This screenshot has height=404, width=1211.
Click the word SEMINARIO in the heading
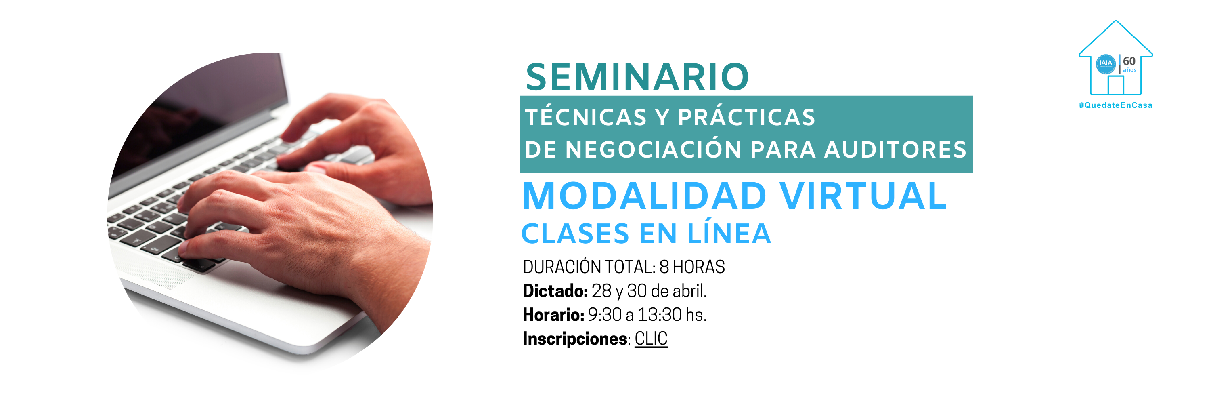pos(637,77)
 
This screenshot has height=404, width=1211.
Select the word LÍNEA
pos(729,232)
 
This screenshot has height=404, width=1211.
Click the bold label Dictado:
pos(555,291)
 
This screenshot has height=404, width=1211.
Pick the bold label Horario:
pos(553,315)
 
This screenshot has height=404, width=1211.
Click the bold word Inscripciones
pos(575,339)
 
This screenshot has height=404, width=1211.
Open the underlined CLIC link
pos(651,339)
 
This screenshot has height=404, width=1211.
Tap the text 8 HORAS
pos(692,267)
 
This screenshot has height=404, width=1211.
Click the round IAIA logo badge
pos(1106,64)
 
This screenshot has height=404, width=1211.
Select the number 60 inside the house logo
pos(1129,61)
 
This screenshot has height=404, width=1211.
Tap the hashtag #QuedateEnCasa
pos(1116,105)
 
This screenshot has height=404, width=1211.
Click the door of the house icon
pos(1116,85)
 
